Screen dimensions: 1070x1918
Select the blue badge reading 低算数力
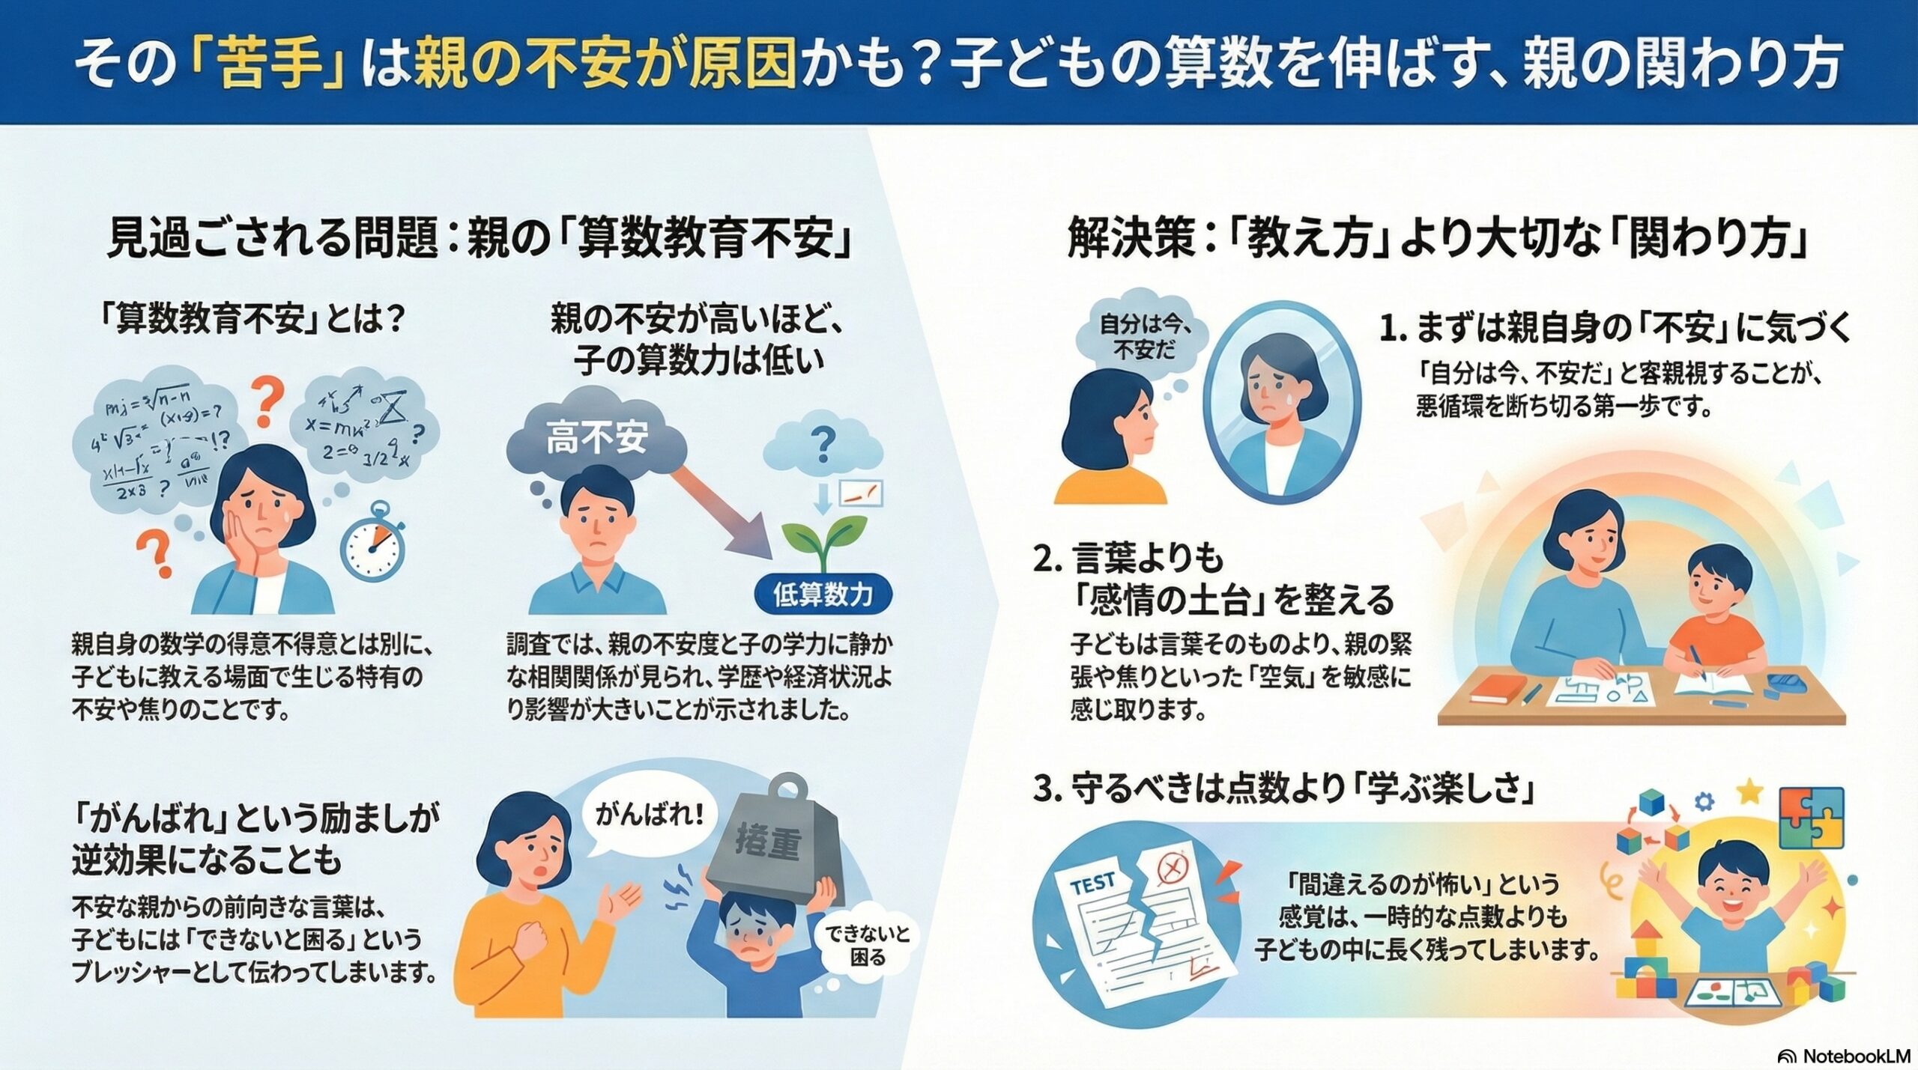pos(823,595)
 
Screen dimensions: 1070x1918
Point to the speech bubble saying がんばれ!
pos(650,815)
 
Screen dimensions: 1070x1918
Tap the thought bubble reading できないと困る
pos(868,946)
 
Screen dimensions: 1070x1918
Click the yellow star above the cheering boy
pos(1749,791)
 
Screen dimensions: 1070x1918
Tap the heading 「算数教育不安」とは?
pos(252,320)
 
